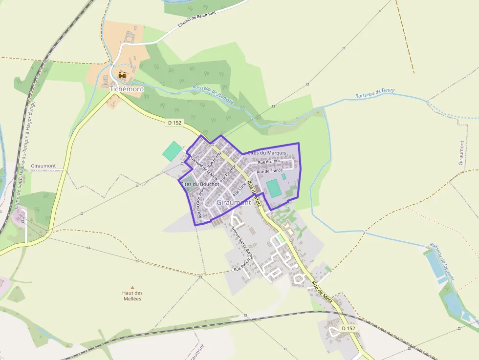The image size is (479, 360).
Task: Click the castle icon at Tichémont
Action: [122, 76]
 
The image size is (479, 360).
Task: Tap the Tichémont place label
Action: [127, 89]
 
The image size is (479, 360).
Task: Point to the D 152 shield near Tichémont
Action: [174, 123]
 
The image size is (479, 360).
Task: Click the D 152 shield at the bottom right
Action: [348, 329]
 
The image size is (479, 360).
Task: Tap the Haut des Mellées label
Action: [132, 296]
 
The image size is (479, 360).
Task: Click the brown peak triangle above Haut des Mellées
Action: [132, 288]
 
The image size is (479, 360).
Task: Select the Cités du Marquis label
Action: [267, 153]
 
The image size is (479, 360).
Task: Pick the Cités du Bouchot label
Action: [200, 184]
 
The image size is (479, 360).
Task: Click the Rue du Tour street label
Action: [269, 162]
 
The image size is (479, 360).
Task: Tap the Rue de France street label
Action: [270, 171]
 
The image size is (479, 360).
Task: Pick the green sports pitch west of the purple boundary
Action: [172, 151]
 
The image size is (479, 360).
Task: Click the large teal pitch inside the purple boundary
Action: [274, 188]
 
